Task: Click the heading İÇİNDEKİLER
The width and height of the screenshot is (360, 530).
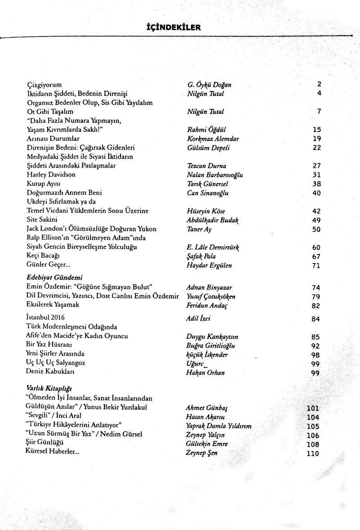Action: (171, 27)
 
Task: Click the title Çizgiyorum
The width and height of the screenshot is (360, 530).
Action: (44, 85)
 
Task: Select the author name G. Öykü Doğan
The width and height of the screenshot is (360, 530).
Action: (209, 85)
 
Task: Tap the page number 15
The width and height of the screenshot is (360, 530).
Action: (316, 130)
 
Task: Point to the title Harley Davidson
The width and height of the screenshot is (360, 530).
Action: (51, 174)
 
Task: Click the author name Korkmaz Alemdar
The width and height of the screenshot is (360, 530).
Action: (213, 139)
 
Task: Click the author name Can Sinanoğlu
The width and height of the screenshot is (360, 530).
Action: (207, 193)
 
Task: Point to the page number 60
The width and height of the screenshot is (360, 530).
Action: (316, 247)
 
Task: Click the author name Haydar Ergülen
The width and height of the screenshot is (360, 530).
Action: (209, 265)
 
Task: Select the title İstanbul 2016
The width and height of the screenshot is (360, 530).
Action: (45, 317)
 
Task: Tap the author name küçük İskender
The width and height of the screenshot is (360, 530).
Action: (207, 355)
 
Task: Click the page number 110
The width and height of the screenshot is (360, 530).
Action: (313, 453)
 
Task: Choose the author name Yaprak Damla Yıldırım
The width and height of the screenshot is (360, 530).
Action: (218, 426)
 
